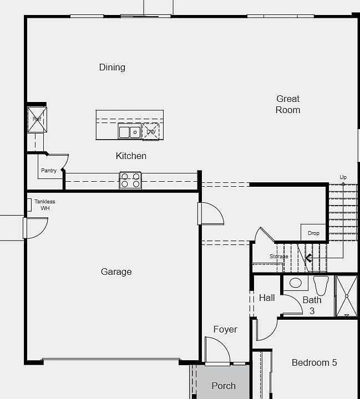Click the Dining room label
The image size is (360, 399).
[x=112, y=68]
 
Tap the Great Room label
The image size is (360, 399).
[x=288, y=104]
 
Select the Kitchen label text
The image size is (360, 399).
[x=131, y=156]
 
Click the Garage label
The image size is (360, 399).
[x=116, y=272]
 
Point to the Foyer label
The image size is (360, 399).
[x=225, y=329]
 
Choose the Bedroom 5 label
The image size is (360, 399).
[x=314, y=362]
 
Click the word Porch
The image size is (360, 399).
[x=224, y=386]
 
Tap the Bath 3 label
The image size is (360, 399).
[x=312, y=305]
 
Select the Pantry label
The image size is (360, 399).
[x=48, y=171]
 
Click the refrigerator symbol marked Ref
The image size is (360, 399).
[x=37, y=120]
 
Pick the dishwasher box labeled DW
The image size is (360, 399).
[x=151, y=132]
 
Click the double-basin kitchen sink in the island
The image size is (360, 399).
[x=130, y=132]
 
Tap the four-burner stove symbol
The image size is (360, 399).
[x=131, y=181]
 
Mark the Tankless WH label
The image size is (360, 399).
[x=44, y=204]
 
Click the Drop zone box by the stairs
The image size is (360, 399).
[x=313, y=233]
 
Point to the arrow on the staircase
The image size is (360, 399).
[x=308, y=257]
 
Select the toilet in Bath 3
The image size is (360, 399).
[x=321, y=285]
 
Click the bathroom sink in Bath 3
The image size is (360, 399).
[x=296, y=283]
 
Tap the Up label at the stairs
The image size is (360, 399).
[x=343, y=177]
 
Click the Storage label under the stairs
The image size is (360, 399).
[x=278, y=257]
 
